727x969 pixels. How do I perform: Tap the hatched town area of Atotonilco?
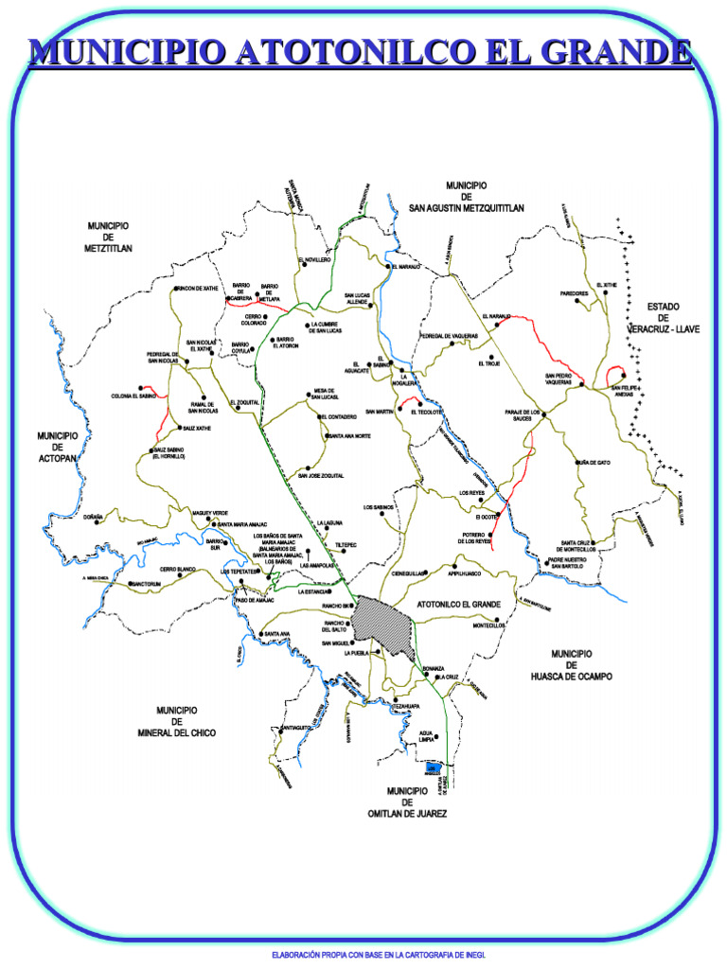point(382,624)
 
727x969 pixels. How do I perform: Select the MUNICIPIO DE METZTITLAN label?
point(108,237)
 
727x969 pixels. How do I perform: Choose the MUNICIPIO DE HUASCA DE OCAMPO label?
point(571,665)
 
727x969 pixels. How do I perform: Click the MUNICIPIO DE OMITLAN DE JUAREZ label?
point(407,802)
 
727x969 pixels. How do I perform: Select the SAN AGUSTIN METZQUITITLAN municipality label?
point(466,196)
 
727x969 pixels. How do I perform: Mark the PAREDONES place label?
point(575,293)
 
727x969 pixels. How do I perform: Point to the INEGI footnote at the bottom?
point(379,955)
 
